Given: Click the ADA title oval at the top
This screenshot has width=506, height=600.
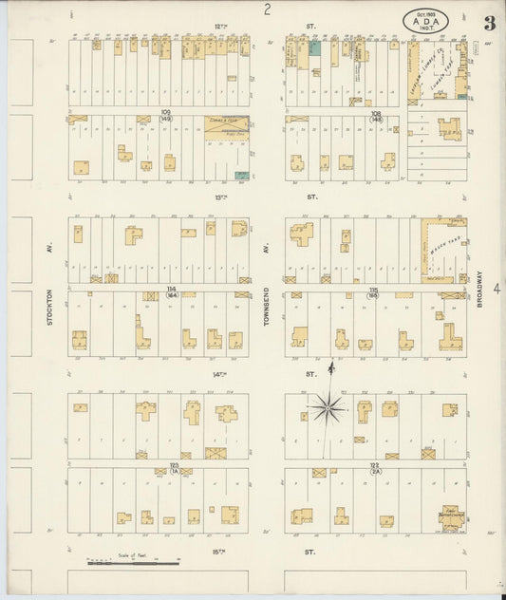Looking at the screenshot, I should click(427, 19).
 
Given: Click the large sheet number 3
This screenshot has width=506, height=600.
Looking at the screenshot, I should click(488, 24).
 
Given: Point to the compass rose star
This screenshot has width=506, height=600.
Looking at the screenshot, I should click(328, 408).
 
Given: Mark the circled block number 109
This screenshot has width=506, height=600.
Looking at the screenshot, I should click(166, 116).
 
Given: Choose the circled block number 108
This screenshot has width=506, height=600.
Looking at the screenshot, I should click(376, 116).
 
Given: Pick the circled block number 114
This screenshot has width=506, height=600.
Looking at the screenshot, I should click(172, 291).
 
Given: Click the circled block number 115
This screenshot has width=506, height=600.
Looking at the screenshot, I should click(374, 291).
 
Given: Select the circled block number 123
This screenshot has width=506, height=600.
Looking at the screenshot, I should click(174, 468).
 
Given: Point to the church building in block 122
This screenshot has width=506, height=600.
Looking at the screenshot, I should click(450, 516).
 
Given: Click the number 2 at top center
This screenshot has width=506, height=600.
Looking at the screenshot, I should click(268, 10).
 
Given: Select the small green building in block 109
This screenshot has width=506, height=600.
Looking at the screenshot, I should click(241, 176).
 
